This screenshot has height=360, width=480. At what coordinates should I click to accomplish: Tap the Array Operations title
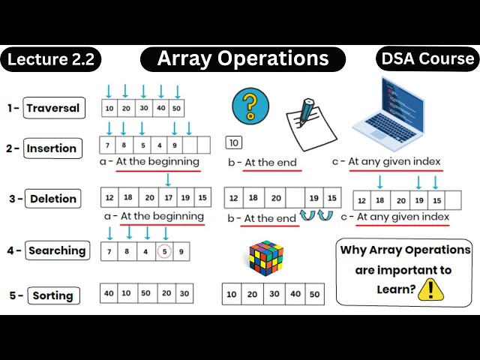[x=243, y=59]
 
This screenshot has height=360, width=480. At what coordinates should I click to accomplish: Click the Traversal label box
[x=52, y=108]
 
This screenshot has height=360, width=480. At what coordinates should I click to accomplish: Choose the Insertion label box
[x=52, y=148]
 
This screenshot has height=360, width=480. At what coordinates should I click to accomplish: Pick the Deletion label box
[x=53, y=199]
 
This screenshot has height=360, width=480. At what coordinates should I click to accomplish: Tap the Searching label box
[x=57, y=251]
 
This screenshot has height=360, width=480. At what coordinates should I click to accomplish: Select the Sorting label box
[x=52, y=295]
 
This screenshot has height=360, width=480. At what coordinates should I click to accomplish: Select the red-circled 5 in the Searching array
[x=165, y=251]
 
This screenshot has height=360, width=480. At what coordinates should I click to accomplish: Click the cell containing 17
[x=169, y=198]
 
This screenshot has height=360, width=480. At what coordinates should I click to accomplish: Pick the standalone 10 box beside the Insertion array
[x=233, y=142]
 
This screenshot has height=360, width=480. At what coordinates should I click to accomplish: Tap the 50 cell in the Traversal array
[x=176, y=108]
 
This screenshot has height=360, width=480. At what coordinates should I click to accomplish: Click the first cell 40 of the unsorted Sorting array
[x=109, y=293]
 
